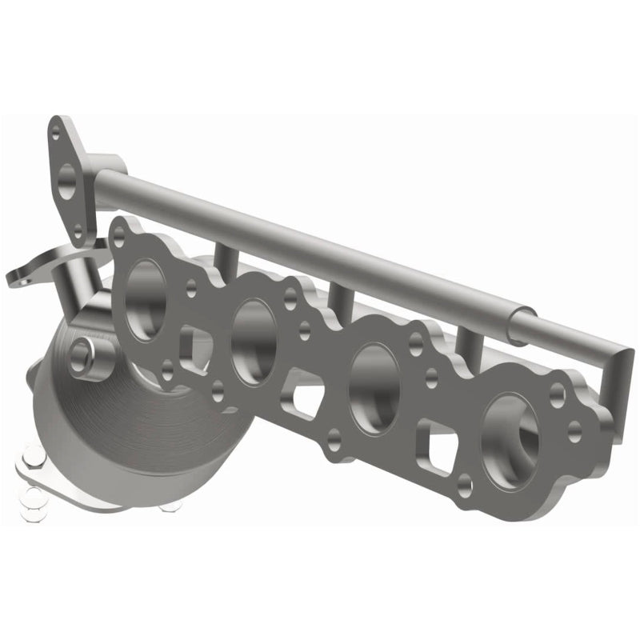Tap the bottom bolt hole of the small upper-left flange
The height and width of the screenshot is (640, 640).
click(78, 232)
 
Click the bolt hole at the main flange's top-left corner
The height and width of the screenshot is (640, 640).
click(120, 234)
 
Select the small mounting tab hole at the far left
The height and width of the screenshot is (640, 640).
click(18, 278)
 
